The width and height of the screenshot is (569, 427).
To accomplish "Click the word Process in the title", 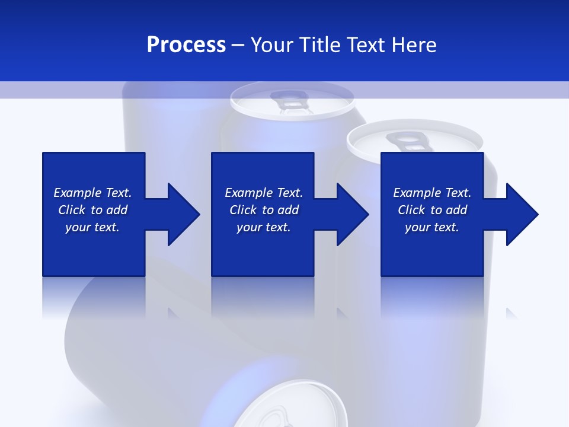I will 186,45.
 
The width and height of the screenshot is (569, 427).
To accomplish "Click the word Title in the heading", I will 319,45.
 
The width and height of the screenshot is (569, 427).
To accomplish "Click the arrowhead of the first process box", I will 184,214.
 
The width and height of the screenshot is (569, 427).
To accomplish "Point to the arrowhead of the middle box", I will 353,214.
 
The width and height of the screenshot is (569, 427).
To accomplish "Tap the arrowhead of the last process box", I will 522,214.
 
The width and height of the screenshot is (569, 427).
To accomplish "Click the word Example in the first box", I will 76,193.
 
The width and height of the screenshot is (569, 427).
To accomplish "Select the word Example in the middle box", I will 248,193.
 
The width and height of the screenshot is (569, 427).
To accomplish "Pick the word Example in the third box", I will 416,193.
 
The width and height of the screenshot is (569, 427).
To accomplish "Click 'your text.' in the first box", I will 92,227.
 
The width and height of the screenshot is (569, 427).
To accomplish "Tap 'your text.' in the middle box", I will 264,227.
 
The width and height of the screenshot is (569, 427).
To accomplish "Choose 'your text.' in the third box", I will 432,227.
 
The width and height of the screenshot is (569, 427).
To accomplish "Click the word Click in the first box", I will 72,210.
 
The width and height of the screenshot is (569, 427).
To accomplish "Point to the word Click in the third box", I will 412,210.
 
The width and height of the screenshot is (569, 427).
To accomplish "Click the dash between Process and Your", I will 238,45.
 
